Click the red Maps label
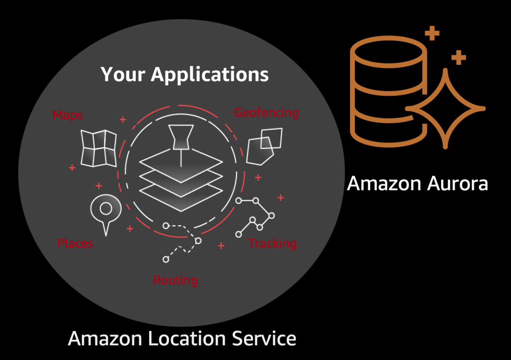pyautogui.click(x=67, y=115)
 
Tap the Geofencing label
pyautogui.click(x=266, y=113)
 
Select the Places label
pyautogui.click(x=75, y=243)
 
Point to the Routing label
pyautogui.click(x=175, y=280)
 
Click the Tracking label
pyautogui.click(x=272, y=243)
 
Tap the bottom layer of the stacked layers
pyautogui.click(x=181, y=199)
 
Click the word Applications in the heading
pyautogui.click(x=210, y=74)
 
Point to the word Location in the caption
pyautogui.click(x=189, y=339)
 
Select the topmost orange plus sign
pyautogui.click(x=432, y=34)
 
